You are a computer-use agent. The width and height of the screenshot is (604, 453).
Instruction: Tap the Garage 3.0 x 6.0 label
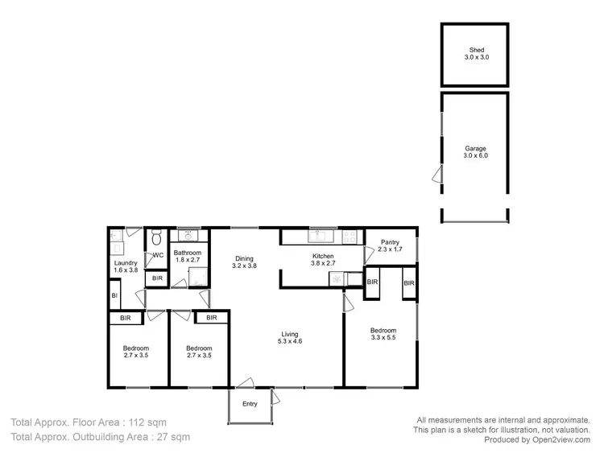pos(475,151)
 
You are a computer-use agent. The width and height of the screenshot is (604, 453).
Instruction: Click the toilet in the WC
pos(156,237)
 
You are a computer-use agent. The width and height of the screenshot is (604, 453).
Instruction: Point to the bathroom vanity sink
pos(188,236)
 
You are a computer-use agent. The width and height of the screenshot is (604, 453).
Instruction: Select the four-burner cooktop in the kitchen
pos(350,236)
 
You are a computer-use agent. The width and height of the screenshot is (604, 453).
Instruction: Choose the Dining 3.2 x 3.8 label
pos(244,262)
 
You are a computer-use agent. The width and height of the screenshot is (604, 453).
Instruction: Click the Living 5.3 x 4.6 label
pos(291,337)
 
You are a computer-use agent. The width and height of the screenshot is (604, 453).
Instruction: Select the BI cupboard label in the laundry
pos(114,297)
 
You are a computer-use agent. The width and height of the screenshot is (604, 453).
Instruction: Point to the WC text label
pos(158,256)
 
